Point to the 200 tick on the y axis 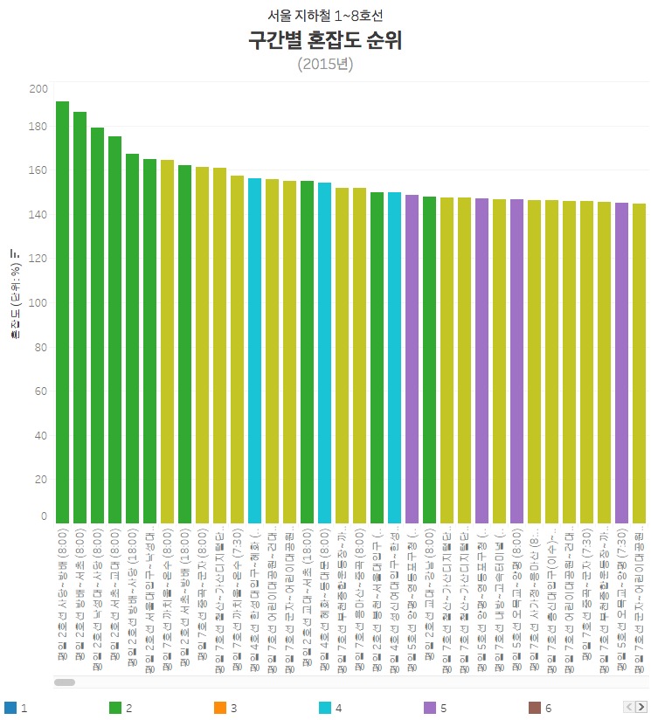[38, 89]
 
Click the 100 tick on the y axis [38, 302]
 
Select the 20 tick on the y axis [41, 480]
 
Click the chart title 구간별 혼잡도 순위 [325, 41]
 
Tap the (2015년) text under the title [325, 64]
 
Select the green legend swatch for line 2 [114, 708]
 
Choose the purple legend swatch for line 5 [429, 708]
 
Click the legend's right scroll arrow [641, 706]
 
